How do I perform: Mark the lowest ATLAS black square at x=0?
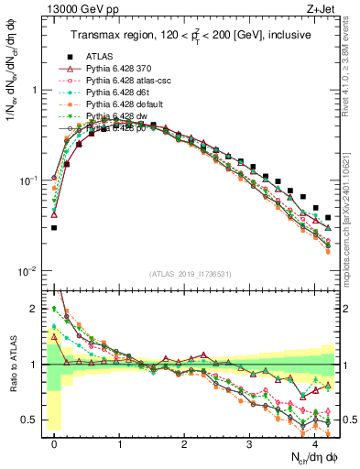tap(54, 228)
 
